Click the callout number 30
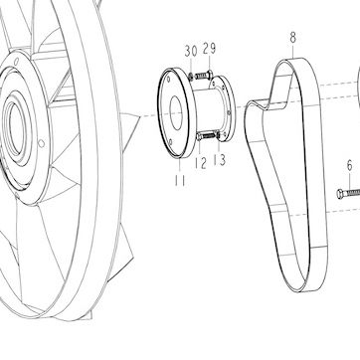pos(191,51)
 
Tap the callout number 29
pos(209,49)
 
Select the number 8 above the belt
pos(293,38)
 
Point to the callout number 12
pos(201,163)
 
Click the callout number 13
pos(220,159)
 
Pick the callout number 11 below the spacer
pos(180,181)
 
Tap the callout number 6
pos(350,166)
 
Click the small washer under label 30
pos(191,77)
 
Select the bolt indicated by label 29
pos(204,76)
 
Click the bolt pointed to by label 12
pos(206,136)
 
